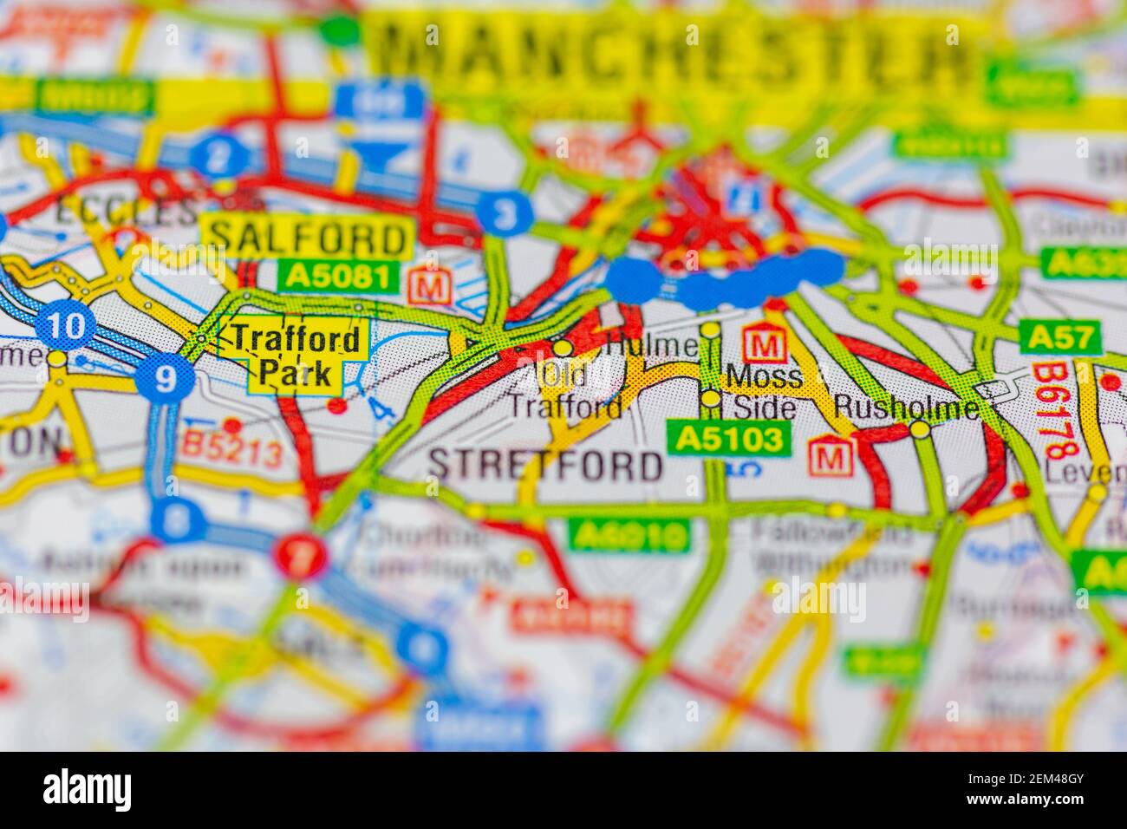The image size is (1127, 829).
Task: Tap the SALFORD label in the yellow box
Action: [x=307, y=236]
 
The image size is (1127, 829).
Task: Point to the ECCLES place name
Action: [x=126, y=211]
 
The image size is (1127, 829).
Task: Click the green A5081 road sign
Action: [x=339, y=277]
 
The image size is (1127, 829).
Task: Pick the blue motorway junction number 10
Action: [x=67, y=327]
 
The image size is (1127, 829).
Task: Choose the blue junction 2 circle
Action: [x=221, y=157]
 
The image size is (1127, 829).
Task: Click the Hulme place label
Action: [x=652, y=345]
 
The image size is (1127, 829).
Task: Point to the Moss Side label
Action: [x=765, y=391]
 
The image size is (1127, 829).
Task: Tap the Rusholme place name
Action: [x=906, y=407]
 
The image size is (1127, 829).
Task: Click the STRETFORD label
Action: [x=545, y=466]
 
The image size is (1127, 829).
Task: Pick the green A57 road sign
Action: [x=1060, y=337]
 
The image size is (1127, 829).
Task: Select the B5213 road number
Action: [x=232, y=452]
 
